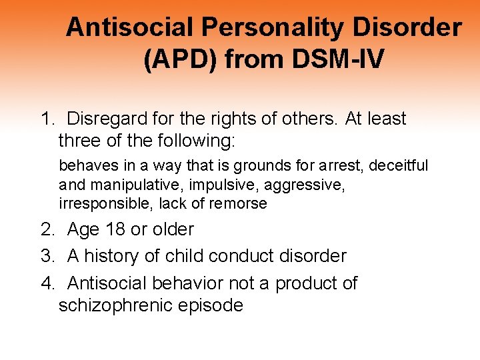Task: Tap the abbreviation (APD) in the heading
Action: (x=181, y=59)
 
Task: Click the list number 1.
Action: (x=46, y=119)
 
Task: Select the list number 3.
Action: (x=46, y=256)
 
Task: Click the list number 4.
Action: (x=46, y=283)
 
